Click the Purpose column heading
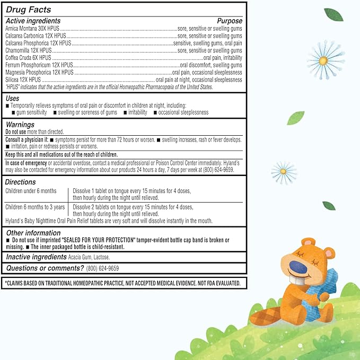229,21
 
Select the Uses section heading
13,99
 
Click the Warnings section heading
20,125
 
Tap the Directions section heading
20,182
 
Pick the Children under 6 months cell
30,190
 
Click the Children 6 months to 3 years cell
35,207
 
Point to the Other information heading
33,233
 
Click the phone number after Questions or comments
102,268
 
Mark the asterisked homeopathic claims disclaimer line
124,283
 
